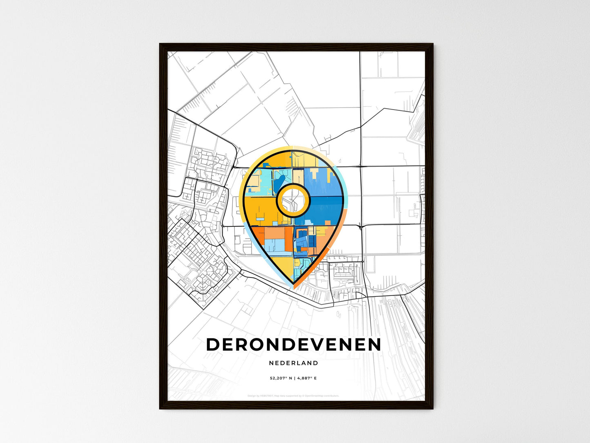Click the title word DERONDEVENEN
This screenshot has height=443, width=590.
[294, 345]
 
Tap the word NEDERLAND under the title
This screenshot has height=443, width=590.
[294, 363]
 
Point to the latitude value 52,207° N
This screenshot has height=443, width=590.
[281, 378]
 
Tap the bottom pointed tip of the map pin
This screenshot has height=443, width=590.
[293, 284]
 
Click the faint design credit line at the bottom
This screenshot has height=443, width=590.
[293, 396]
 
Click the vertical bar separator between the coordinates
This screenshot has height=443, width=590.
[294, 378]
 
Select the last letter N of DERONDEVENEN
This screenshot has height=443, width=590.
[373, 345]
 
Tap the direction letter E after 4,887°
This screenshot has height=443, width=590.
[315, 378]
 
